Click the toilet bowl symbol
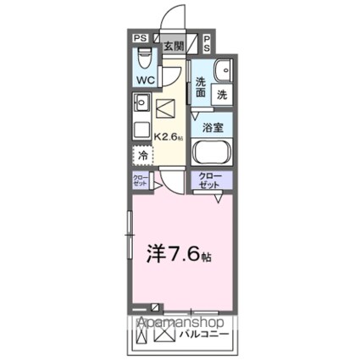coord(143,58)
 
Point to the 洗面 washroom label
coord(202,88)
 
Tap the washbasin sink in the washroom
coord(223,70)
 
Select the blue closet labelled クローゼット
coord(210,180)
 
